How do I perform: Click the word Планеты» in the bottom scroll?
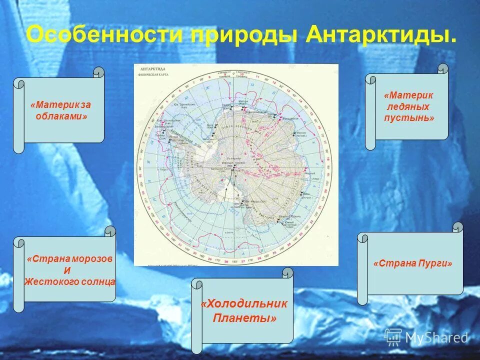[244, 318]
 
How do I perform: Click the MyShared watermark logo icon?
[393, 336]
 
